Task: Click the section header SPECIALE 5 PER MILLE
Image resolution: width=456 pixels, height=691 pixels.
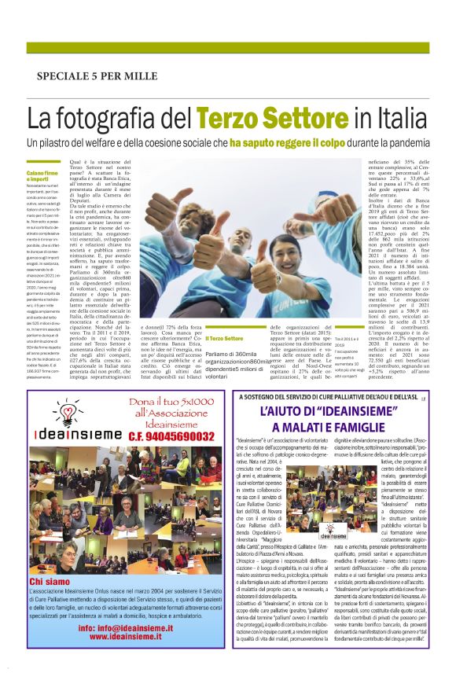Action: (x=97, y=75)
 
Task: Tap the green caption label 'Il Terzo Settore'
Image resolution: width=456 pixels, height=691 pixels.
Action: (x=223, y=338)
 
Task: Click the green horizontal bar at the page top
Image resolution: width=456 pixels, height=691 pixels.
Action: (x=228, y=47)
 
